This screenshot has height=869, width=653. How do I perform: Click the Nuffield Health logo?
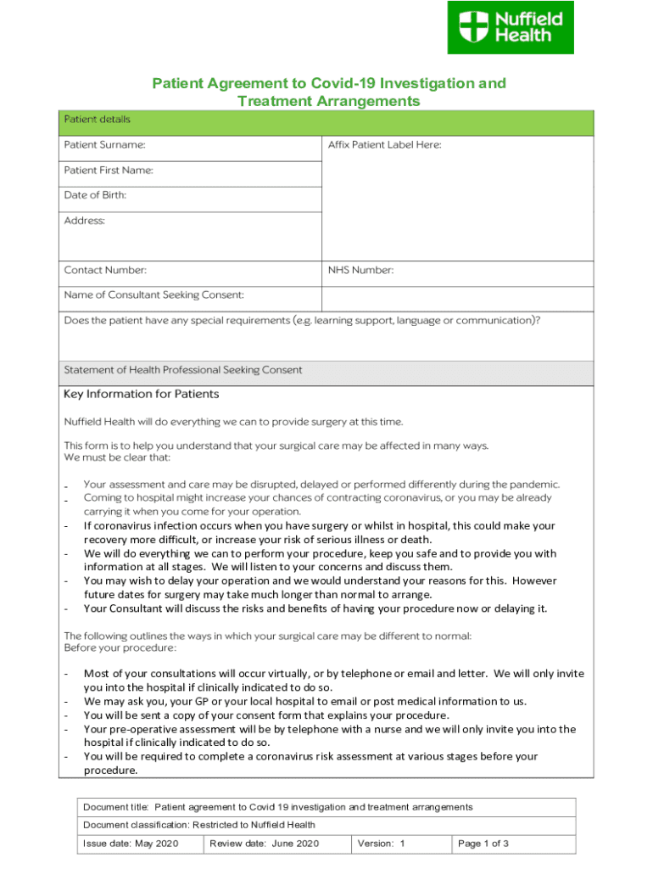(511, 27)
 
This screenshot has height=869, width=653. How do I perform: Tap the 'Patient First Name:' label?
(109, 171)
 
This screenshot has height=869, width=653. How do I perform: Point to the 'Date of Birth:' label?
(95, 195)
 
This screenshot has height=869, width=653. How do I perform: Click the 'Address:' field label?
(85, 221)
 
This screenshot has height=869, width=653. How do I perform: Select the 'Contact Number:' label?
(105, 271)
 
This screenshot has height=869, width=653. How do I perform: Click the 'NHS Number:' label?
(360, 271)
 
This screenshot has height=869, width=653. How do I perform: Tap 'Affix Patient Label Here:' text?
(384, 145)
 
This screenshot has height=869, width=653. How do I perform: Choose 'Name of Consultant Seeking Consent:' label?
(154, 295)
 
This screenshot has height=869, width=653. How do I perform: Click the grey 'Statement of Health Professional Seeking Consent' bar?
(326, 371)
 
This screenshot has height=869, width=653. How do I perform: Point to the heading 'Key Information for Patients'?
(142, 395)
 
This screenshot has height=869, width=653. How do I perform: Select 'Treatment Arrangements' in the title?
(328, 102)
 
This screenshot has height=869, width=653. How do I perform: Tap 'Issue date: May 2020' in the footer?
(131, 844)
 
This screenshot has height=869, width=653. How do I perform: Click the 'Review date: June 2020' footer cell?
(265, 844)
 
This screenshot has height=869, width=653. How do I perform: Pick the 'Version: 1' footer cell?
(382, 844)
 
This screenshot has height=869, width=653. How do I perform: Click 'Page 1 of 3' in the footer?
(483, 844)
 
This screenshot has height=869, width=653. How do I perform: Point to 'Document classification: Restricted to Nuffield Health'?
(199, 825)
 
